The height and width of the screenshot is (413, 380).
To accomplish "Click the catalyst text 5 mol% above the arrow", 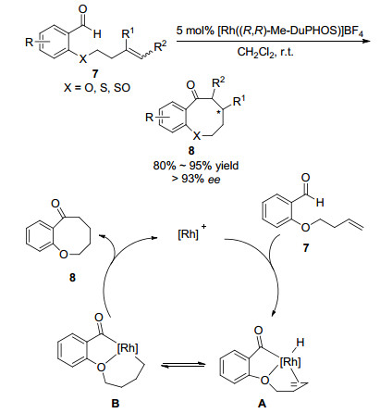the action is point(195,31).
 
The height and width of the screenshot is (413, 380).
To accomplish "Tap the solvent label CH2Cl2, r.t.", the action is point(265,52).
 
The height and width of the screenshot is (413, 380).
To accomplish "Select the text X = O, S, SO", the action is point(97,88).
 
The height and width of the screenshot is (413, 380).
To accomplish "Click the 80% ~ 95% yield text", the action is point(196,166).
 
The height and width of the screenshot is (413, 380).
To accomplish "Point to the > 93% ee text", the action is point(196,179).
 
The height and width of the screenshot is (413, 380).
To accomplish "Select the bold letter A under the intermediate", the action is point(261,403).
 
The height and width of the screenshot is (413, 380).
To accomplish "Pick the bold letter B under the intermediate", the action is point(115,403).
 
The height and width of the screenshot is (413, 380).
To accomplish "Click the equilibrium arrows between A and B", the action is point(183,365).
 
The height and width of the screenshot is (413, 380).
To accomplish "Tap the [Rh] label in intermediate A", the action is point(290,362).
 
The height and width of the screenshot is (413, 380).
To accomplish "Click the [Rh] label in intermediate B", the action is point(128,348).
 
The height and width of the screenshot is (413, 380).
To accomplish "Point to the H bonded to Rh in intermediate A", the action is point(300,342).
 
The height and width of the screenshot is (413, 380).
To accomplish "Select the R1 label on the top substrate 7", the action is point(128,33).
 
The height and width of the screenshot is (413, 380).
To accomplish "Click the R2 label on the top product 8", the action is point(218,82).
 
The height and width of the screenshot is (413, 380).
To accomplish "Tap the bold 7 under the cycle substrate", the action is point(306,248).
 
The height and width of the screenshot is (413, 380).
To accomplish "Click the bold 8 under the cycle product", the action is point(72,278).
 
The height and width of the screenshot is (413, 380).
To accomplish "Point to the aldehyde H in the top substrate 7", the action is point(97,34).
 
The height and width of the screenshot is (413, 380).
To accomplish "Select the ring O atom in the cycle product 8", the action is point(64,255).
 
